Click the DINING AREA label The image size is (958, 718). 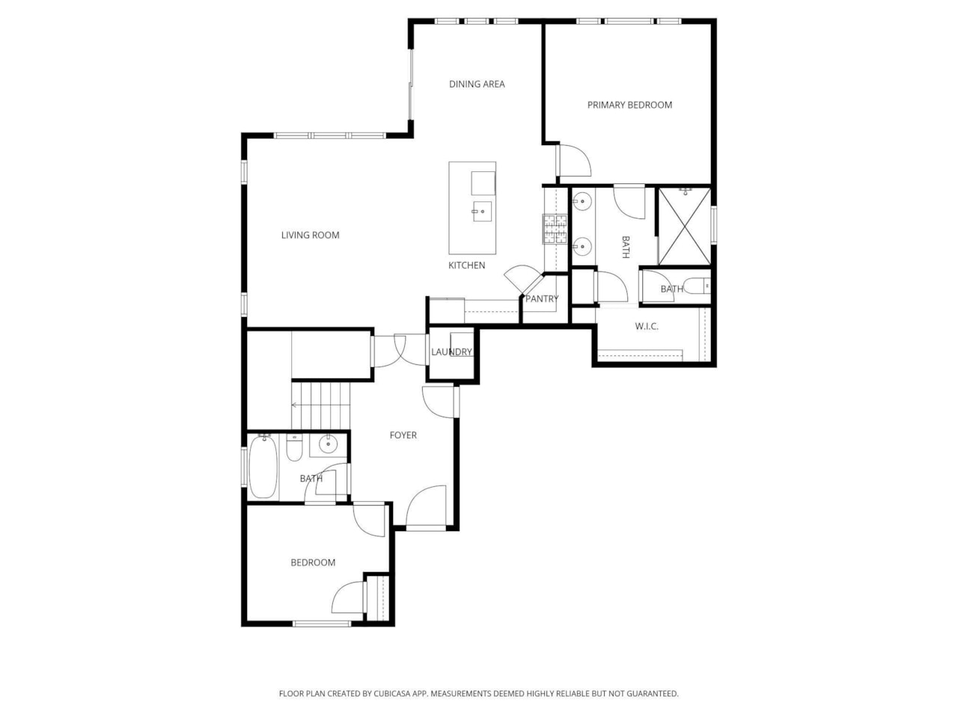[x=477, y=84]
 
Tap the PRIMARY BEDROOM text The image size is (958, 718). [x=629, y=105]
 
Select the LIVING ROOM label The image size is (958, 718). [x=310, y=235]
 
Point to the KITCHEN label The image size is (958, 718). [x=466, y=266]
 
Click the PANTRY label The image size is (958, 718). [x=541, y=298]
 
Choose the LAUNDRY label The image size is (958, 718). [x=452, y=352]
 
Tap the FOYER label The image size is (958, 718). [x=403, y=435]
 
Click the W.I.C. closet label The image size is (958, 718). [x=647, y=326]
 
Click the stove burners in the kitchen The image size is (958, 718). [x=555, y=229]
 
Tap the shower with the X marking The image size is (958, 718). [x=684, y=227]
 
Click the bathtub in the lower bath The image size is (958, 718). [x=263, y=468]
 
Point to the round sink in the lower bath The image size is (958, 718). [x=328, y=445]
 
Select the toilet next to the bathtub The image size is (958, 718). [x=294, y=449]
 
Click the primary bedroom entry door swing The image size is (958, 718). [x=573, y=160]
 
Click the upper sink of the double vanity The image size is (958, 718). [x=582, y=202]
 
